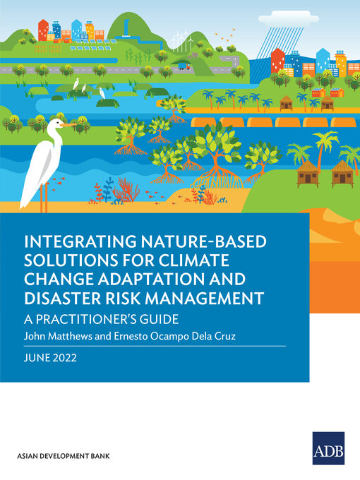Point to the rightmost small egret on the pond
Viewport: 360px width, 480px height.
tap(103, 92)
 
